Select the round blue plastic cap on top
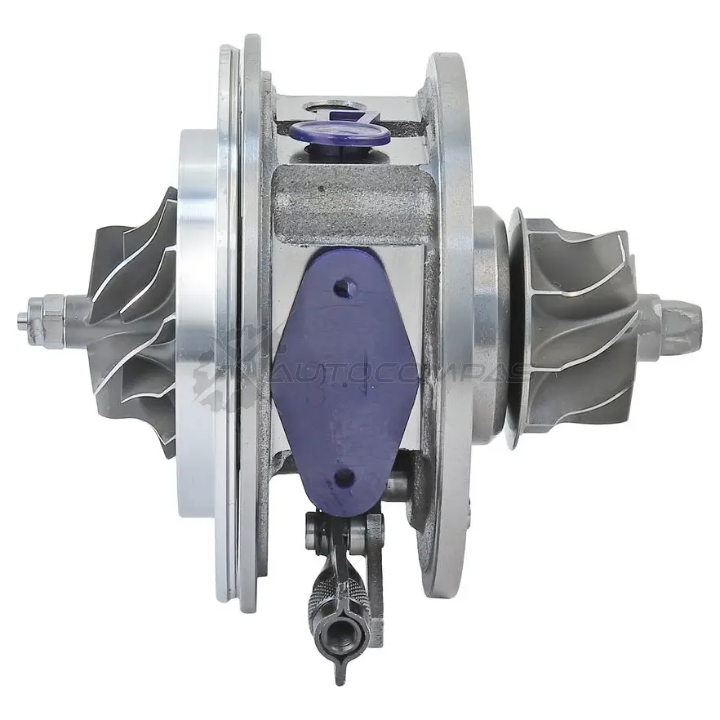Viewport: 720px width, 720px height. [x=340, y=133]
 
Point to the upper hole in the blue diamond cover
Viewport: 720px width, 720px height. [x=342, y=288]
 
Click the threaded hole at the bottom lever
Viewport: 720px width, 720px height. [x=340, y=637]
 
